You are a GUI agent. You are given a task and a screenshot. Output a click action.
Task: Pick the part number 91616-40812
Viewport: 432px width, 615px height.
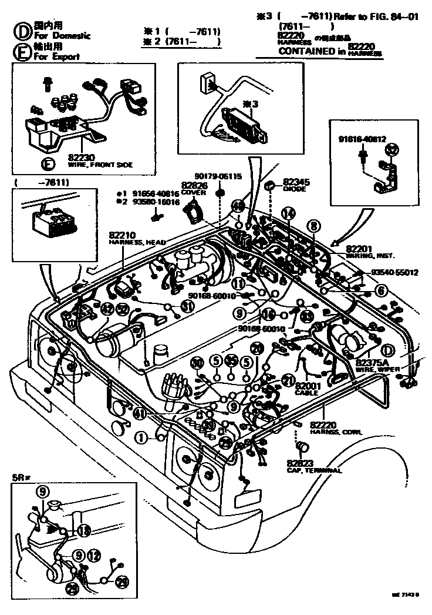(x=362, y=140)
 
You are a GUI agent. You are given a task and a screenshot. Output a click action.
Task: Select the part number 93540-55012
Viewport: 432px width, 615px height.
(x=394, y=273)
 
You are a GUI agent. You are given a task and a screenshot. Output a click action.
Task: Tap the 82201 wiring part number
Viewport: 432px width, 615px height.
(x=359, y=249)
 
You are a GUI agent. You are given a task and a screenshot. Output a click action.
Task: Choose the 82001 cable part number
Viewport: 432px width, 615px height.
(x=308, y=386)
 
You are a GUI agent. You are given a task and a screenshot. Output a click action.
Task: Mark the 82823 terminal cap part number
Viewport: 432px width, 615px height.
(x=301, y=463)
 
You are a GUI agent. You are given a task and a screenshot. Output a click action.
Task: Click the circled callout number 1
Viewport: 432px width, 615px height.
(x=141, y=437)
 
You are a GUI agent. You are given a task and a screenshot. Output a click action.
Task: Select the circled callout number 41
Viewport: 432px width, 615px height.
(x=140, y=414)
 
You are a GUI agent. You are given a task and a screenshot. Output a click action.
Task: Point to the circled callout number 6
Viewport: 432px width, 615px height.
(x=382, y=289)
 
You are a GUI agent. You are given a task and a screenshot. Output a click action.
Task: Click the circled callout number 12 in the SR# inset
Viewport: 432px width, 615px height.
(x=95, y=554)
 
